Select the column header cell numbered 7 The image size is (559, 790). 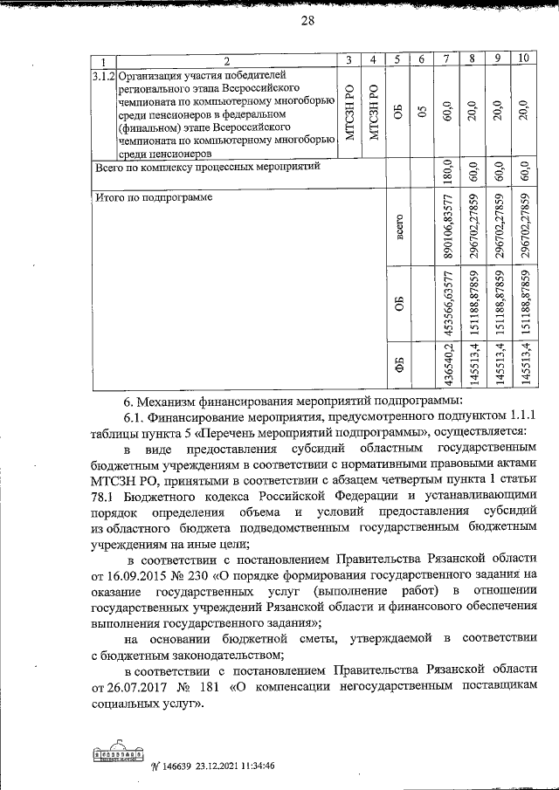445,60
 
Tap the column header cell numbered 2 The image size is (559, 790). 225,60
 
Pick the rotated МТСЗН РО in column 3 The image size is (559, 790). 349,113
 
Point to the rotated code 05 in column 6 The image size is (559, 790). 421,113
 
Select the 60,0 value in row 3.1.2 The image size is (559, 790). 445,113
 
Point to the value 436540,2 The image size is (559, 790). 445,365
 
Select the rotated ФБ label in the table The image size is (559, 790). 398,365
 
